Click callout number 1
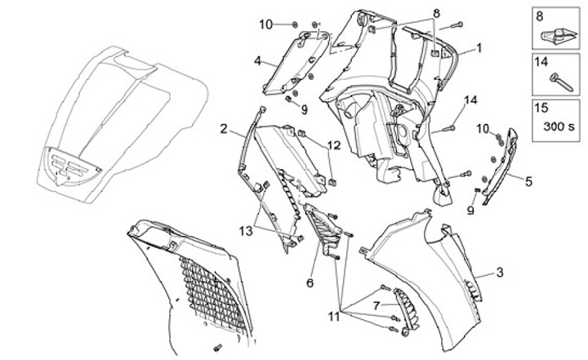tap(479, 48)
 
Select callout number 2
tap(224, 129)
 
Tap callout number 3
tap(500, 273)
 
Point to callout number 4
tap(257, 60)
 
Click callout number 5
tap(528, 181)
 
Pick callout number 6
tap(310, 282)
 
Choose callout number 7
tap(376, 305)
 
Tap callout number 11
tap(334, 316)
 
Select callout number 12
tap(334, 145)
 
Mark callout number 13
tap(246, 231)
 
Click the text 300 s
tap(559, 127)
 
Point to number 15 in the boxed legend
tap(541, 108)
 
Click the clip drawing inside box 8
tap(556, 36)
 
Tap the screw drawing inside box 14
tap(561, 83)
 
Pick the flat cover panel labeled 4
tap(296, 63)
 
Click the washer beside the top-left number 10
tap(295, 24)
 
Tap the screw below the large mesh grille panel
tap(217, 348)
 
